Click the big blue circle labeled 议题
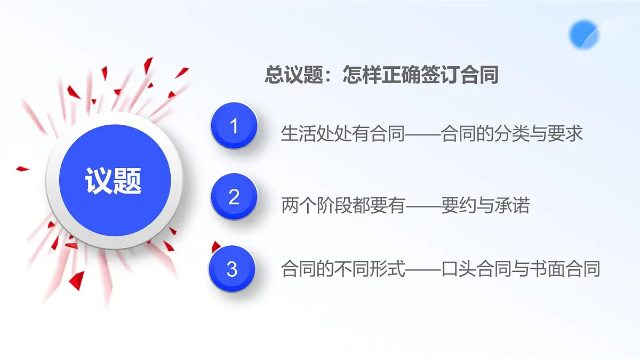114,181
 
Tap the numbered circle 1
234,126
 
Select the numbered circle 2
234,197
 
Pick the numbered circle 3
232,269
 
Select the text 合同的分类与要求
512,133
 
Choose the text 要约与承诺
485,205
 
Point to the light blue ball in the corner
584,35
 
